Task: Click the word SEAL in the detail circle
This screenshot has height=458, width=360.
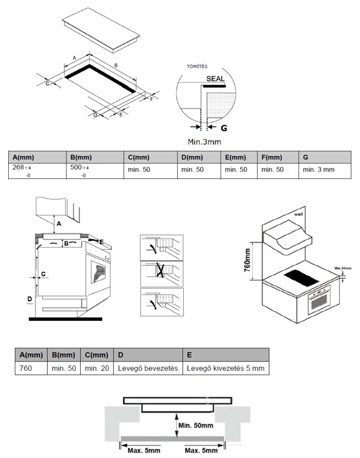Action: [215, 79]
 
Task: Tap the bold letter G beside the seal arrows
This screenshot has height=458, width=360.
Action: [224, 128]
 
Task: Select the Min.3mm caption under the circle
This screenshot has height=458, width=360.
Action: [204, 142]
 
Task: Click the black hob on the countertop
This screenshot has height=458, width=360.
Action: [301, 278]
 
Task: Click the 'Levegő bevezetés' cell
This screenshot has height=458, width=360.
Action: [148, 369]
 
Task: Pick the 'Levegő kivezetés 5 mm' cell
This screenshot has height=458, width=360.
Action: [226, 369]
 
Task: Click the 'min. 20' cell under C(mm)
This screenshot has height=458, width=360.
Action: [97, 369]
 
